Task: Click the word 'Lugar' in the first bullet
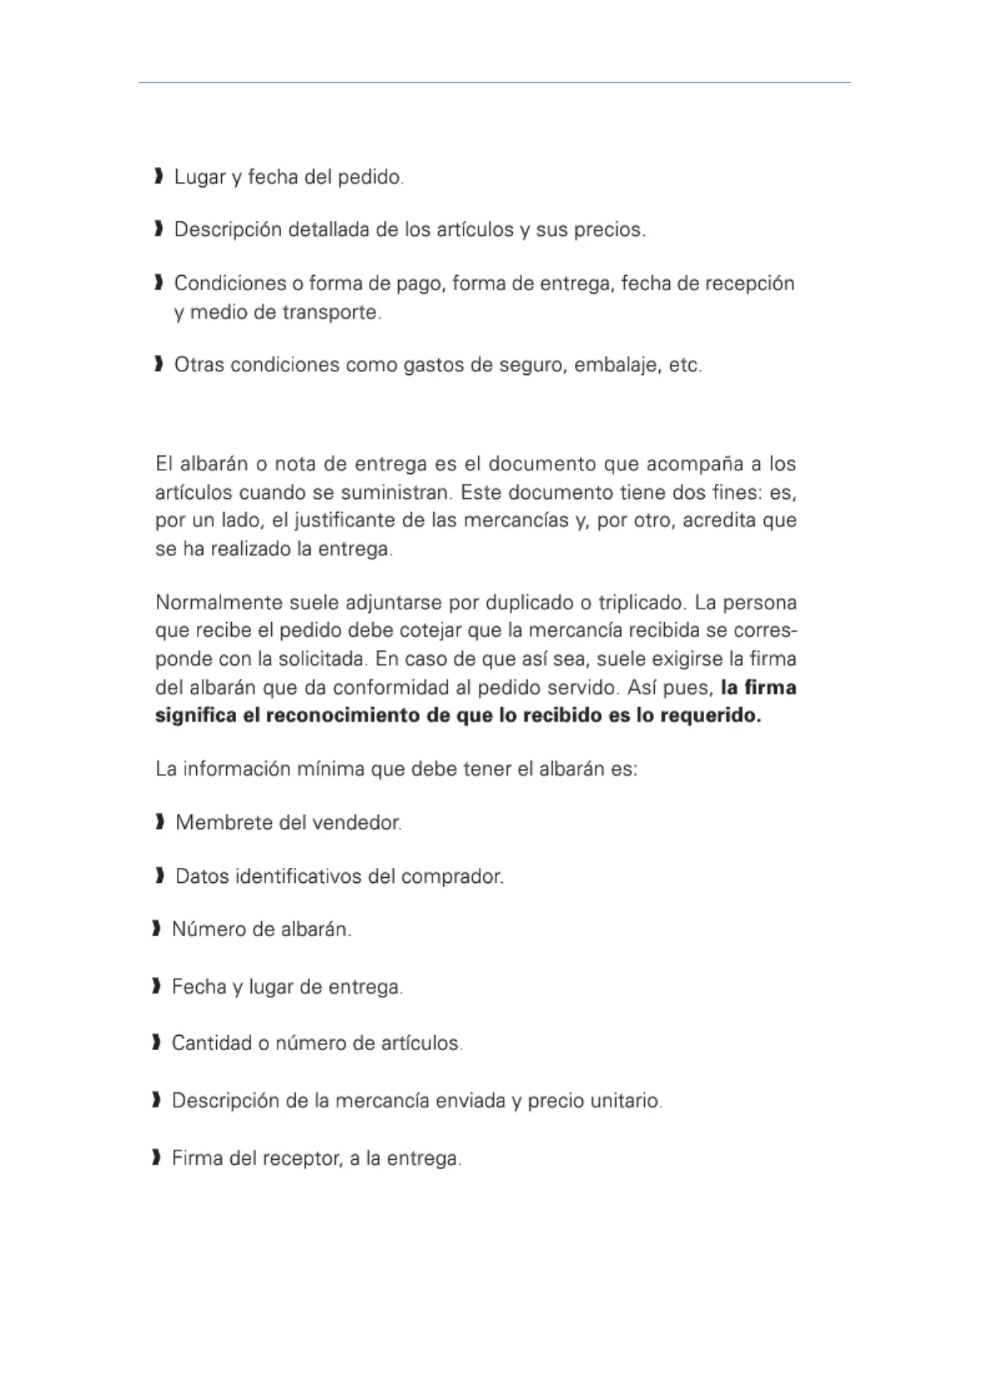pyautogui.click(x=195, y=178)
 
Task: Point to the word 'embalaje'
pyautogui.click(x=614, y=365)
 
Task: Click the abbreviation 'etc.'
pyautogui.click(x=685, y=365)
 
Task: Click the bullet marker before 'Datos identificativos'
pyautogui.click(x=159, y=876)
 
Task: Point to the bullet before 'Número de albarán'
pyautogui.click(x=155, y=929)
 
